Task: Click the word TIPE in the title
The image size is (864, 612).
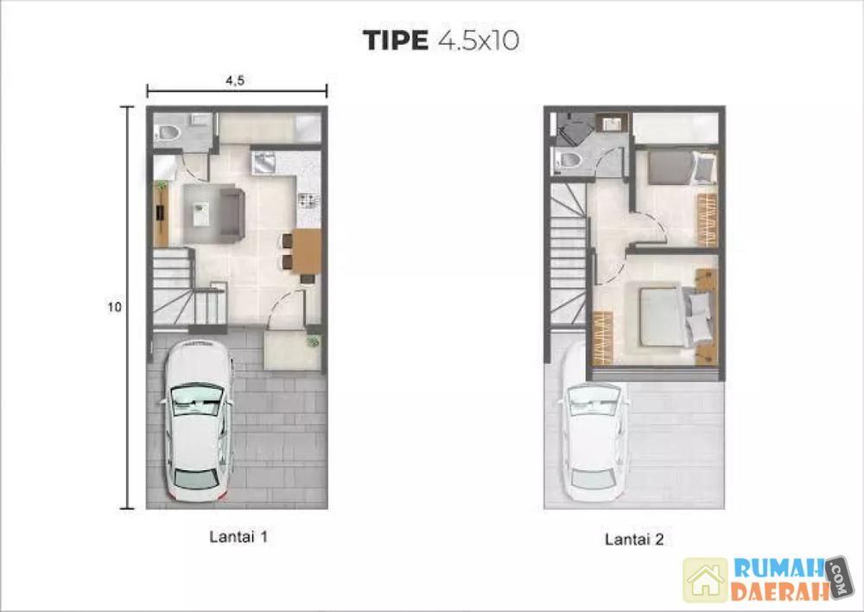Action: (x=395, y=41)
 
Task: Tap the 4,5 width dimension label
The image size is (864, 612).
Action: (x=235, y=80)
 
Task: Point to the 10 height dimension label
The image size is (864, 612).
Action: (x=114, y=307)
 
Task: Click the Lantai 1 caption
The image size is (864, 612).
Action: (x=238, y=537)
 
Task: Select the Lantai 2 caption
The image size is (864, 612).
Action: (x=634, y=539)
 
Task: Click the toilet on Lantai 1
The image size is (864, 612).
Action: (x=168, y=133)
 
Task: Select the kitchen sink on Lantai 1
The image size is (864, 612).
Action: (x=264, y=163)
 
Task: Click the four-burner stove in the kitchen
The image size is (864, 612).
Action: (x=308, y=201)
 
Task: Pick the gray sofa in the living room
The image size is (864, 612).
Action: (x=232, y=214)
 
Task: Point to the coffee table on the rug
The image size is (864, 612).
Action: (x=200, y=214)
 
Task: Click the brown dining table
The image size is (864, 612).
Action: (x=307, y=252)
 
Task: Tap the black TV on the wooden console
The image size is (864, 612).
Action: (x=161, y=213)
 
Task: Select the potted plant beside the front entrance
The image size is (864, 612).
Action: (x=313, y=341)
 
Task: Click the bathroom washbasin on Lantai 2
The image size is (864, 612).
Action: (x=611, y=124)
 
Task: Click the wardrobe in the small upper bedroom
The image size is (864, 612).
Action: (x=708, y=220)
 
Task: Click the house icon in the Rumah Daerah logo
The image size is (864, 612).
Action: (x=705, y=580)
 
